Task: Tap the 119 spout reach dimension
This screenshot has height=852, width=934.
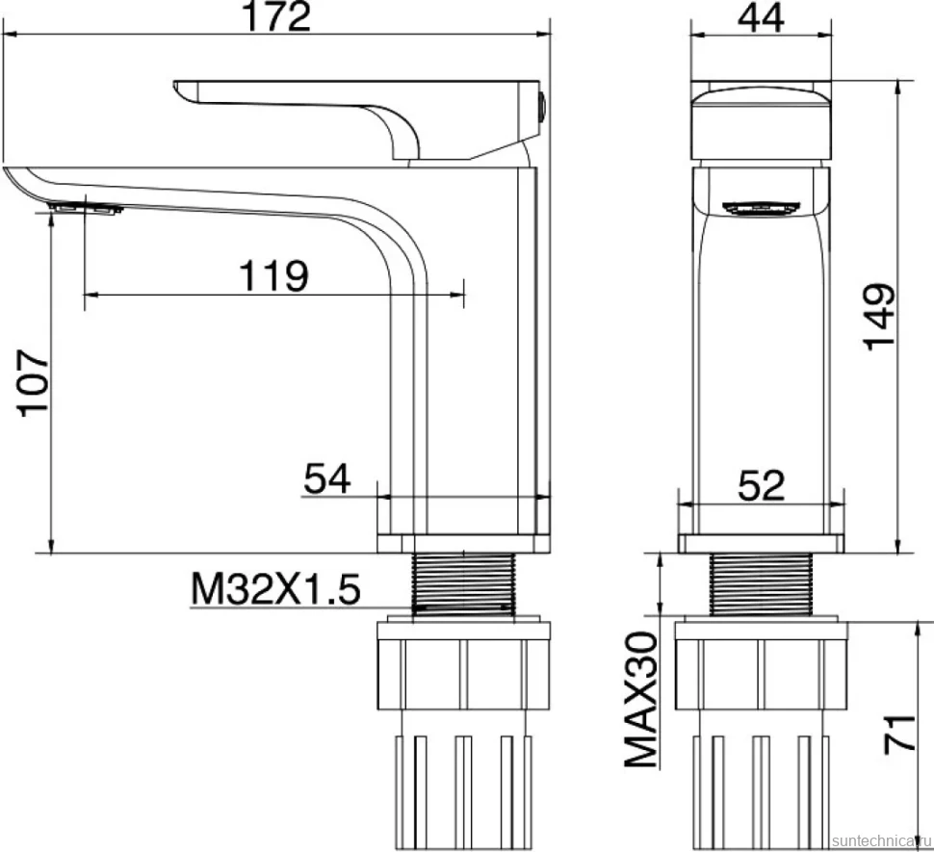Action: [x=274, y=275]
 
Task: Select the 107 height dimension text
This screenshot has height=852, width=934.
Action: [x=34, y=383]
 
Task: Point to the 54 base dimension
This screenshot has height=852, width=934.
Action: [x=327, y=478]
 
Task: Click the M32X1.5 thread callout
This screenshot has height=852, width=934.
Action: [x=275, y=589]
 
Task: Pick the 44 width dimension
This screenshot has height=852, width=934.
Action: [x=761, y=18]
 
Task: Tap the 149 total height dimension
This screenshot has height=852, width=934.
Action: [x=880, y=318]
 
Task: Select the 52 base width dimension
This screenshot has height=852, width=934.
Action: [x=762, y=485]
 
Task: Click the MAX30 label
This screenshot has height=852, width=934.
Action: [x=641, y=700]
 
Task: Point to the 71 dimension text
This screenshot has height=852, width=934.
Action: [x=899, y=735]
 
